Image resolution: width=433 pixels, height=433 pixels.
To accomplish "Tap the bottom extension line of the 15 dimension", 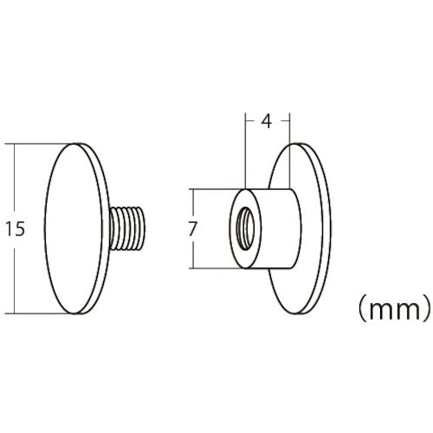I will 43,314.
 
